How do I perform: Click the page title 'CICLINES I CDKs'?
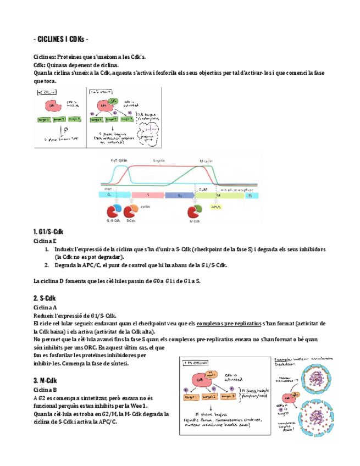60,40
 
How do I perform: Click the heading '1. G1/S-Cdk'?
49,232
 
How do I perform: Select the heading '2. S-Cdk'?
45,298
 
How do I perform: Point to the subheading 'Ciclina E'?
45,241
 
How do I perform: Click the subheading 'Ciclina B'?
45,389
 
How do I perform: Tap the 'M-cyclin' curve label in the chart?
206,160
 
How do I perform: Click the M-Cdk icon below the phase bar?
196,212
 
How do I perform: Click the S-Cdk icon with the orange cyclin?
131,211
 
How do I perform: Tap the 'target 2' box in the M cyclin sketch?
224,395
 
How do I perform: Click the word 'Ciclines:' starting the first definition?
46,57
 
